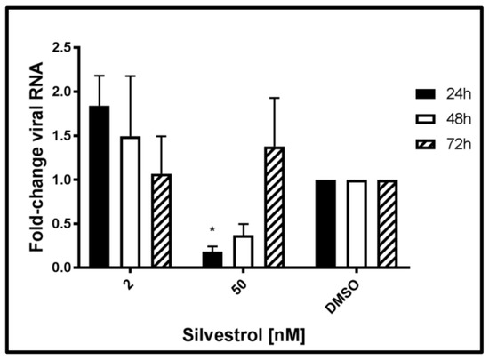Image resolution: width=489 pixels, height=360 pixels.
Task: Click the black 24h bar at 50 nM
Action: click(212, 259)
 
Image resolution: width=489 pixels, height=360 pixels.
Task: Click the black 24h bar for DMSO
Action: click(325, 223)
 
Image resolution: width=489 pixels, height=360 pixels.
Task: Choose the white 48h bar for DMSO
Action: click(357, 223)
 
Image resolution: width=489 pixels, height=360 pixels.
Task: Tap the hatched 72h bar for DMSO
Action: click(388, 223)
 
